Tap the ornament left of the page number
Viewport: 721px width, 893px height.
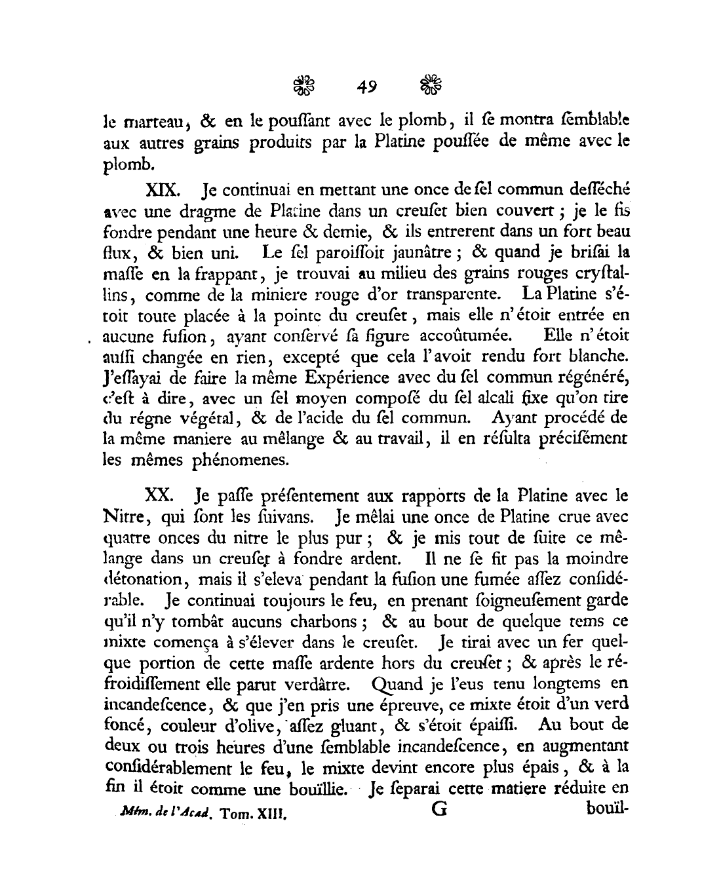pyautogui.click(x=303, y=85)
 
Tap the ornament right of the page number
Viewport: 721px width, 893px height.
pyautogui.click(x=430, y=85)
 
